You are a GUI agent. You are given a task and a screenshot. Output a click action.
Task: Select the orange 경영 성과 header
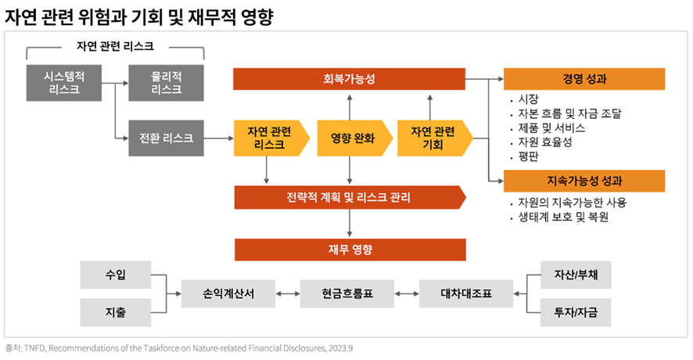pos(584,79)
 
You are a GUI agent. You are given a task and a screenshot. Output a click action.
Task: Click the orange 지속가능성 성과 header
pos(584,181)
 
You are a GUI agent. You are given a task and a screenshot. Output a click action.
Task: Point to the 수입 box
pos(116,275)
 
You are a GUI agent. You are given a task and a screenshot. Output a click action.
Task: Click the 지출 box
pos(116,312)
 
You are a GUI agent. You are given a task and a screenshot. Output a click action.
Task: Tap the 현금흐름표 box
pos(347,293)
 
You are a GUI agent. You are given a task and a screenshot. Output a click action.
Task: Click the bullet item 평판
pos(530,156)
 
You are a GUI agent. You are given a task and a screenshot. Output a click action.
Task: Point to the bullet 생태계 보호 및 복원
pos(563,217)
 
